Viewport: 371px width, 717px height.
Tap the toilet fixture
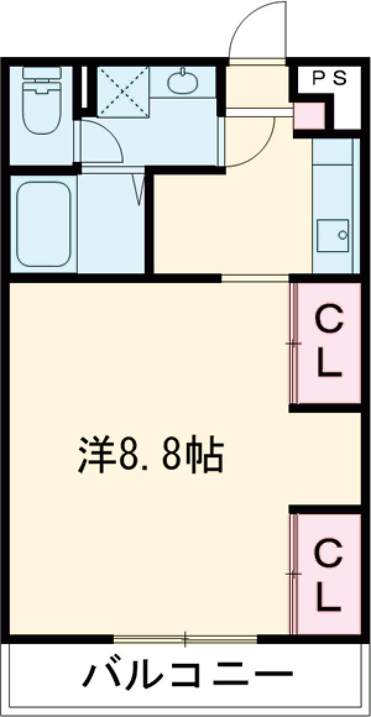(41, 101)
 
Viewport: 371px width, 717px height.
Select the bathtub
(45, 224)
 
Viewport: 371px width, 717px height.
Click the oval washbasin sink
(183, 82)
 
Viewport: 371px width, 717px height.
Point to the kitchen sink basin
(333, 235)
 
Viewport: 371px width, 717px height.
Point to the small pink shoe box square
(309, 116)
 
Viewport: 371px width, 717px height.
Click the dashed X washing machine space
(123, 91)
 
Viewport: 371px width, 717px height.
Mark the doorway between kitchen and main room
(255, 278)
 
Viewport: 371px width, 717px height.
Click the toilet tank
(41, 73)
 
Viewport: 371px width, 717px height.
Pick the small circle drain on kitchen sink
(342, 235)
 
